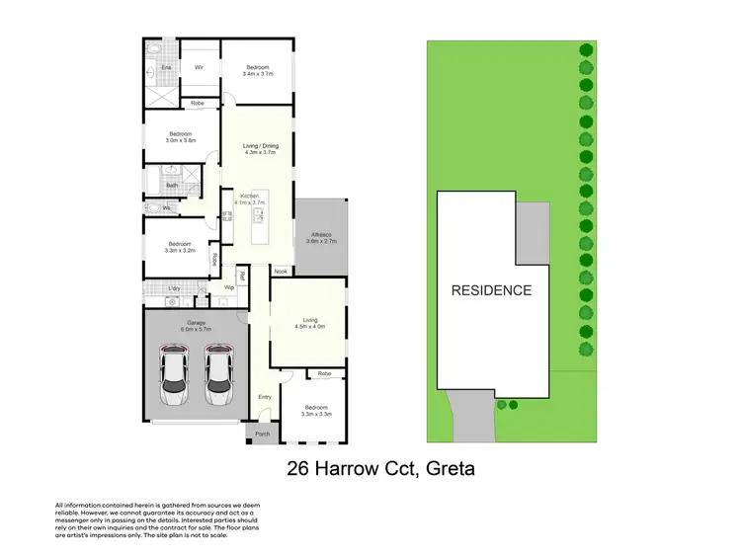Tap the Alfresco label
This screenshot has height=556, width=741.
coord(322,237)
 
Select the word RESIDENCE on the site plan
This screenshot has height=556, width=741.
coord(491,290)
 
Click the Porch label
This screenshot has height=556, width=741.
coord(262,435)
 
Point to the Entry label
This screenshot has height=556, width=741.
coord(265,397)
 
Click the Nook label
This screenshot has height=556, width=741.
coord(281,271)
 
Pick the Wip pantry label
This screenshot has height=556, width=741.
coord(228,287)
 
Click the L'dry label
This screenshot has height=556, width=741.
coord(174,287)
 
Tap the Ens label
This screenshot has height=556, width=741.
coord(167,67)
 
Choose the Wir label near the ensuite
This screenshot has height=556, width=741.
coord(199,67)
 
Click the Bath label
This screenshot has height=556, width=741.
coord(172,185)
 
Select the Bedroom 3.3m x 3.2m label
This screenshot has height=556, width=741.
coord(179,247)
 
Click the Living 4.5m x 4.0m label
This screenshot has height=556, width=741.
coord(309,323)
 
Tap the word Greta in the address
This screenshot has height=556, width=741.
coord(449,468)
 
